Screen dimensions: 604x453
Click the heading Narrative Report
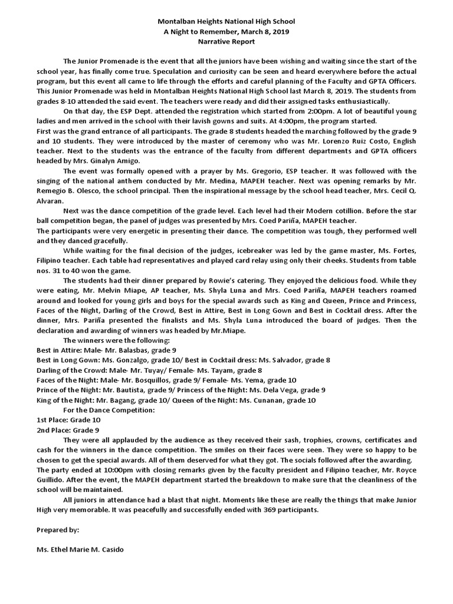point(226,42)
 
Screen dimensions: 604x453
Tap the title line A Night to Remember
point(226,32)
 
